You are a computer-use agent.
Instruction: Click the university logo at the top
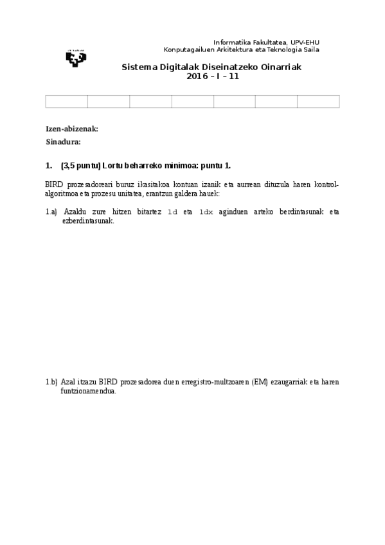click(x=75, y=57)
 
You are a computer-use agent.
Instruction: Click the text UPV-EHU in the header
click(x=305, y=40)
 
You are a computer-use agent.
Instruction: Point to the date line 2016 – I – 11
click(x=212, y=76)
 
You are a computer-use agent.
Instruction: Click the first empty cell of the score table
click(x=66, y=102)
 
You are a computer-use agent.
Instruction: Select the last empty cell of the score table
click(x=318, y=102)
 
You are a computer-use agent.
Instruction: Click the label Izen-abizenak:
click(x=71, y=129)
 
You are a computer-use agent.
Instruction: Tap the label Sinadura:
click(x=63, y=141)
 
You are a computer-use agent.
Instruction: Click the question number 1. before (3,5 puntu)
click(x=49, y=165)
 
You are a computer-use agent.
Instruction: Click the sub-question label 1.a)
click(x=51, y=211)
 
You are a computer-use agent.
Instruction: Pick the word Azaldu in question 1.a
click(x=75, y=211)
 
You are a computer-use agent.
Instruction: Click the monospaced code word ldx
click(x=206, y=211)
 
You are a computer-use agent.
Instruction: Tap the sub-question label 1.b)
click(x=51, y=382)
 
